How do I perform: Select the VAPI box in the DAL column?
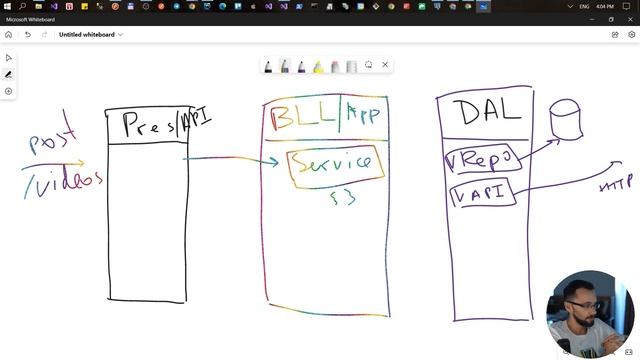(x=483, y=190)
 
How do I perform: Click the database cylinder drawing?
(x=566, y=120)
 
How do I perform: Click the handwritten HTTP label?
(x=615, y=185)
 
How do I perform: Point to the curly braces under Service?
(x=342, y=198)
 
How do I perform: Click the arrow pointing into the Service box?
(x=230, y=158)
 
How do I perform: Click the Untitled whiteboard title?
(x=87, y=34)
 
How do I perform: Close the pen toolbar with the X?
(x=385, y=65)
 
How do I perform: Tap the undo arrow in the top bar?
(x=28, y=34)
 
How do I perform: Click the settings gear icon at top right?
(x=631, y=34)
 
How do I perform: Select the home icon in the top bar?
(x=9, y=34)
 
